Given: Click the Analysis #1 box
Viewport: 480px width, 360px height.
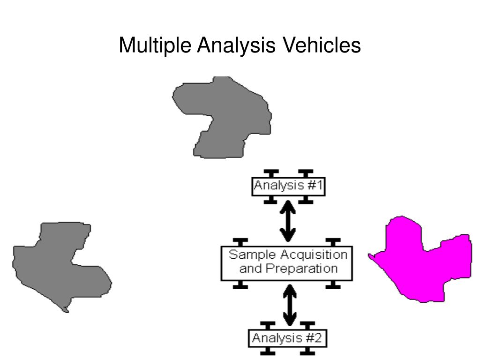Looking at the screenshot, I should tap(288, 186).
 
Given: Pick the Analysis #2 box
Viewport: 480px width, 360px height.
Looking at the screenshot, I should tap(287, 338).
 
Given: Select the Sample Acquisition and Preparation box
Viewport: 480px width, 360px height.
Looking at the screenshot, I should tap(287, 262).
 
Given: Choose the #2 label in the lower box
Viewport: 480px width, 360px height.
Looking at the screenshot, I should tap(313, 338).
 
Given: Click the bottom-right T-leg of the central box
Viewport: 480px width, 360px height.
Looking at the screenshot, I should tap(333, 284).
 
